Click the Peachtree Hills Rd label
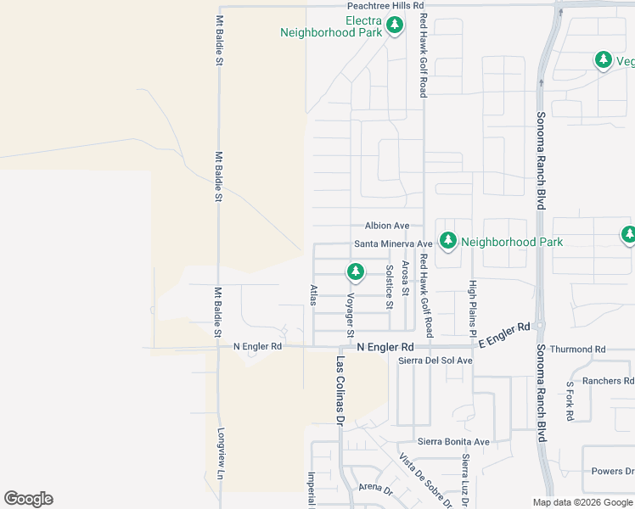(x=385, y=6)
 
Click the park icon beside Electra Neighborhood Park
(x=394, y=26)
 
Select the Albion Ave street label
(x=387, y=226)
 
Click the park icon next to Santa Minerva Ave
(x=447, y=241)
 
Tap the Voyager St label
(x=349, y=315)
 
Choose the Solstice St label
(x=390, y=287)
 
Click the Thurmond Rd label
(x=577, y=350)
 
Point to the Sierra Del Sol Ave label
(x=436, y=361)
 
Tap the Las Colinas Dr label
(x=340, y=389)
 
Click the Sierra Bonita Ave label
(x=453, y=442)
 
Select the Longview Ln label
(x=220, y=455)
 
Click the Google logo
(x=28, y=499)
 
